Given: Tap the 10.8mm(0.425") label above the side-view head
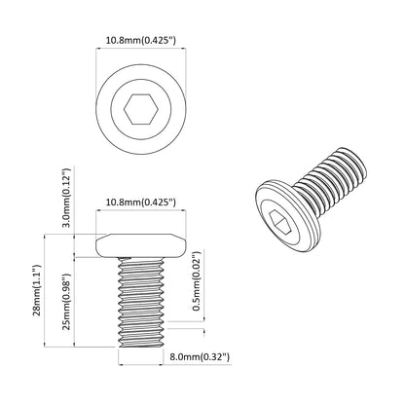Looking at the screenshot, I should (141, 202).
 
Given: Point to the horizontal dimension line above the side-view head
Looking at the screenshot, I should (141, 216).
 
